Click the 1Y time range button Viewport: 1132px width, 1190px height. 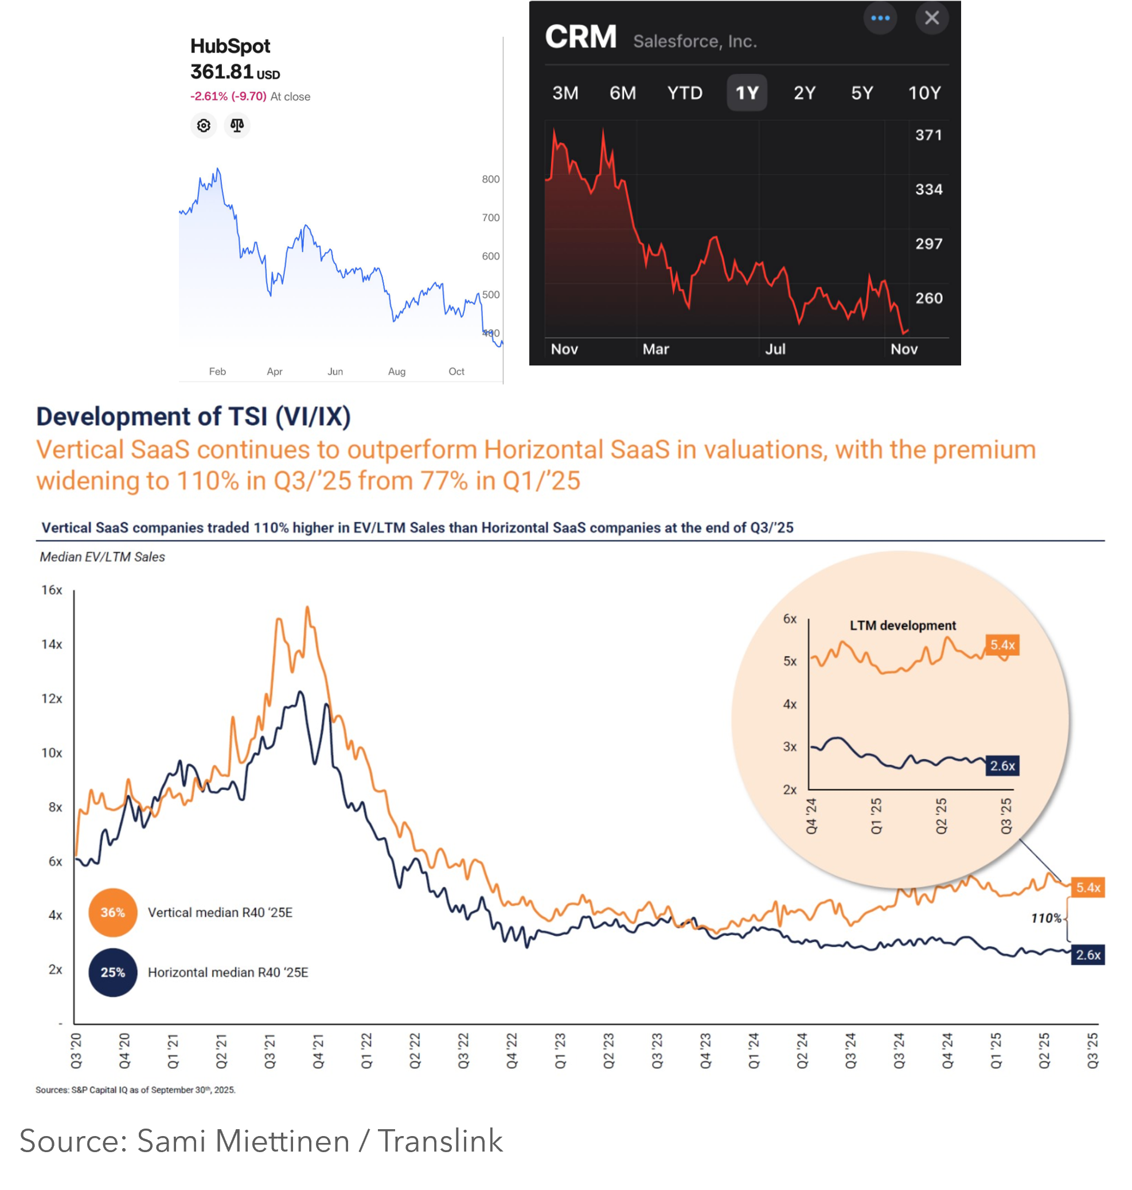tap(747, 93)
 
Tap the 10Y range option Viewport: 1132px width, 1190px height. tap(924, 93)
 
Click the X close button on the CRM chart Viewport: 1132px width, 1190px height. tap(932, 18)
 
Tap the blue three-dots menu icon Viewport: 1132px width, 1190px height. tap(880, 18)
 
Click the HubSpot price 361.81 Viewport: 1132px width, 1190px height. tap(221, 72)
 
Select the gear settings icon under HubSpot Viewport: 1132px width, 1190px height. tap(204, 126)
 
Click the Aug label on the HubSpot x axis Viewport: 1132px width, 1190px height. tap(396, 371)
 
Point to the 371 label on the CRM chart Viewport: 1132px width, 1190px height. tap(928, 135)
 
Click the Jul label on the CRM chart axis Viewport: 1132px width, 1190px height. tap(775, 349)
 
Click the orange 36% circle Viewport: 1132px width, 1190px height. tap(113, 912)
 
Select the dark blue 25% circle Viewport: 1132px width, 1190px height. tap(113, 972)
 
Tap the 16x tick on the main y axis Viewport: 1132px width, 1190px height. tap(52, 590)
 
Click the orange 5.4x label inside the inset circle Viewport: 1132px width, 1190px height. tap(1002, 645)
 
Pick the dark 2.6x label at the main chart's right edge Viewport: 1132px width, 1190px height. tap(1088, 955)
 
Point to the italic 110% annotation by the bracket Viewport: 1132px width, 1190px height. tap(1046, 918)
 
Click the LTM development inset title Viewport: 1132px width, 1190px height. tap(903, 625)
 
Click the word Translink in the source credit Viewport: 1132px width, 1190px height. tap(440, 1141)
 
